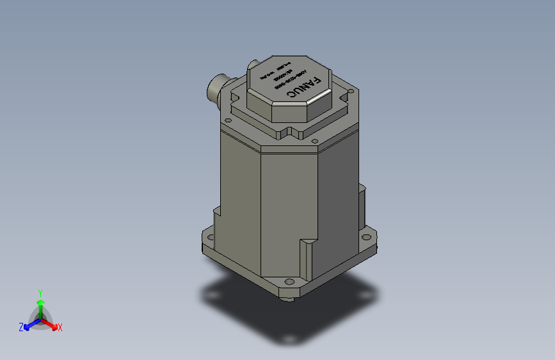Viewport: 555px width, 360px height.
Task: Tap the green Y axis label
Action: pyautogui.click(x=40, y=292)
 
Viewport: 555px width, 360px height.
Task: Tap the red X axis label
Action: pyautogui.click(x=60, y=327)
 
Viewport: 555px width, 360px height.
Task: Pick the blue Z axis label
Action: pyautogui.click(x=21, y=327)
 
